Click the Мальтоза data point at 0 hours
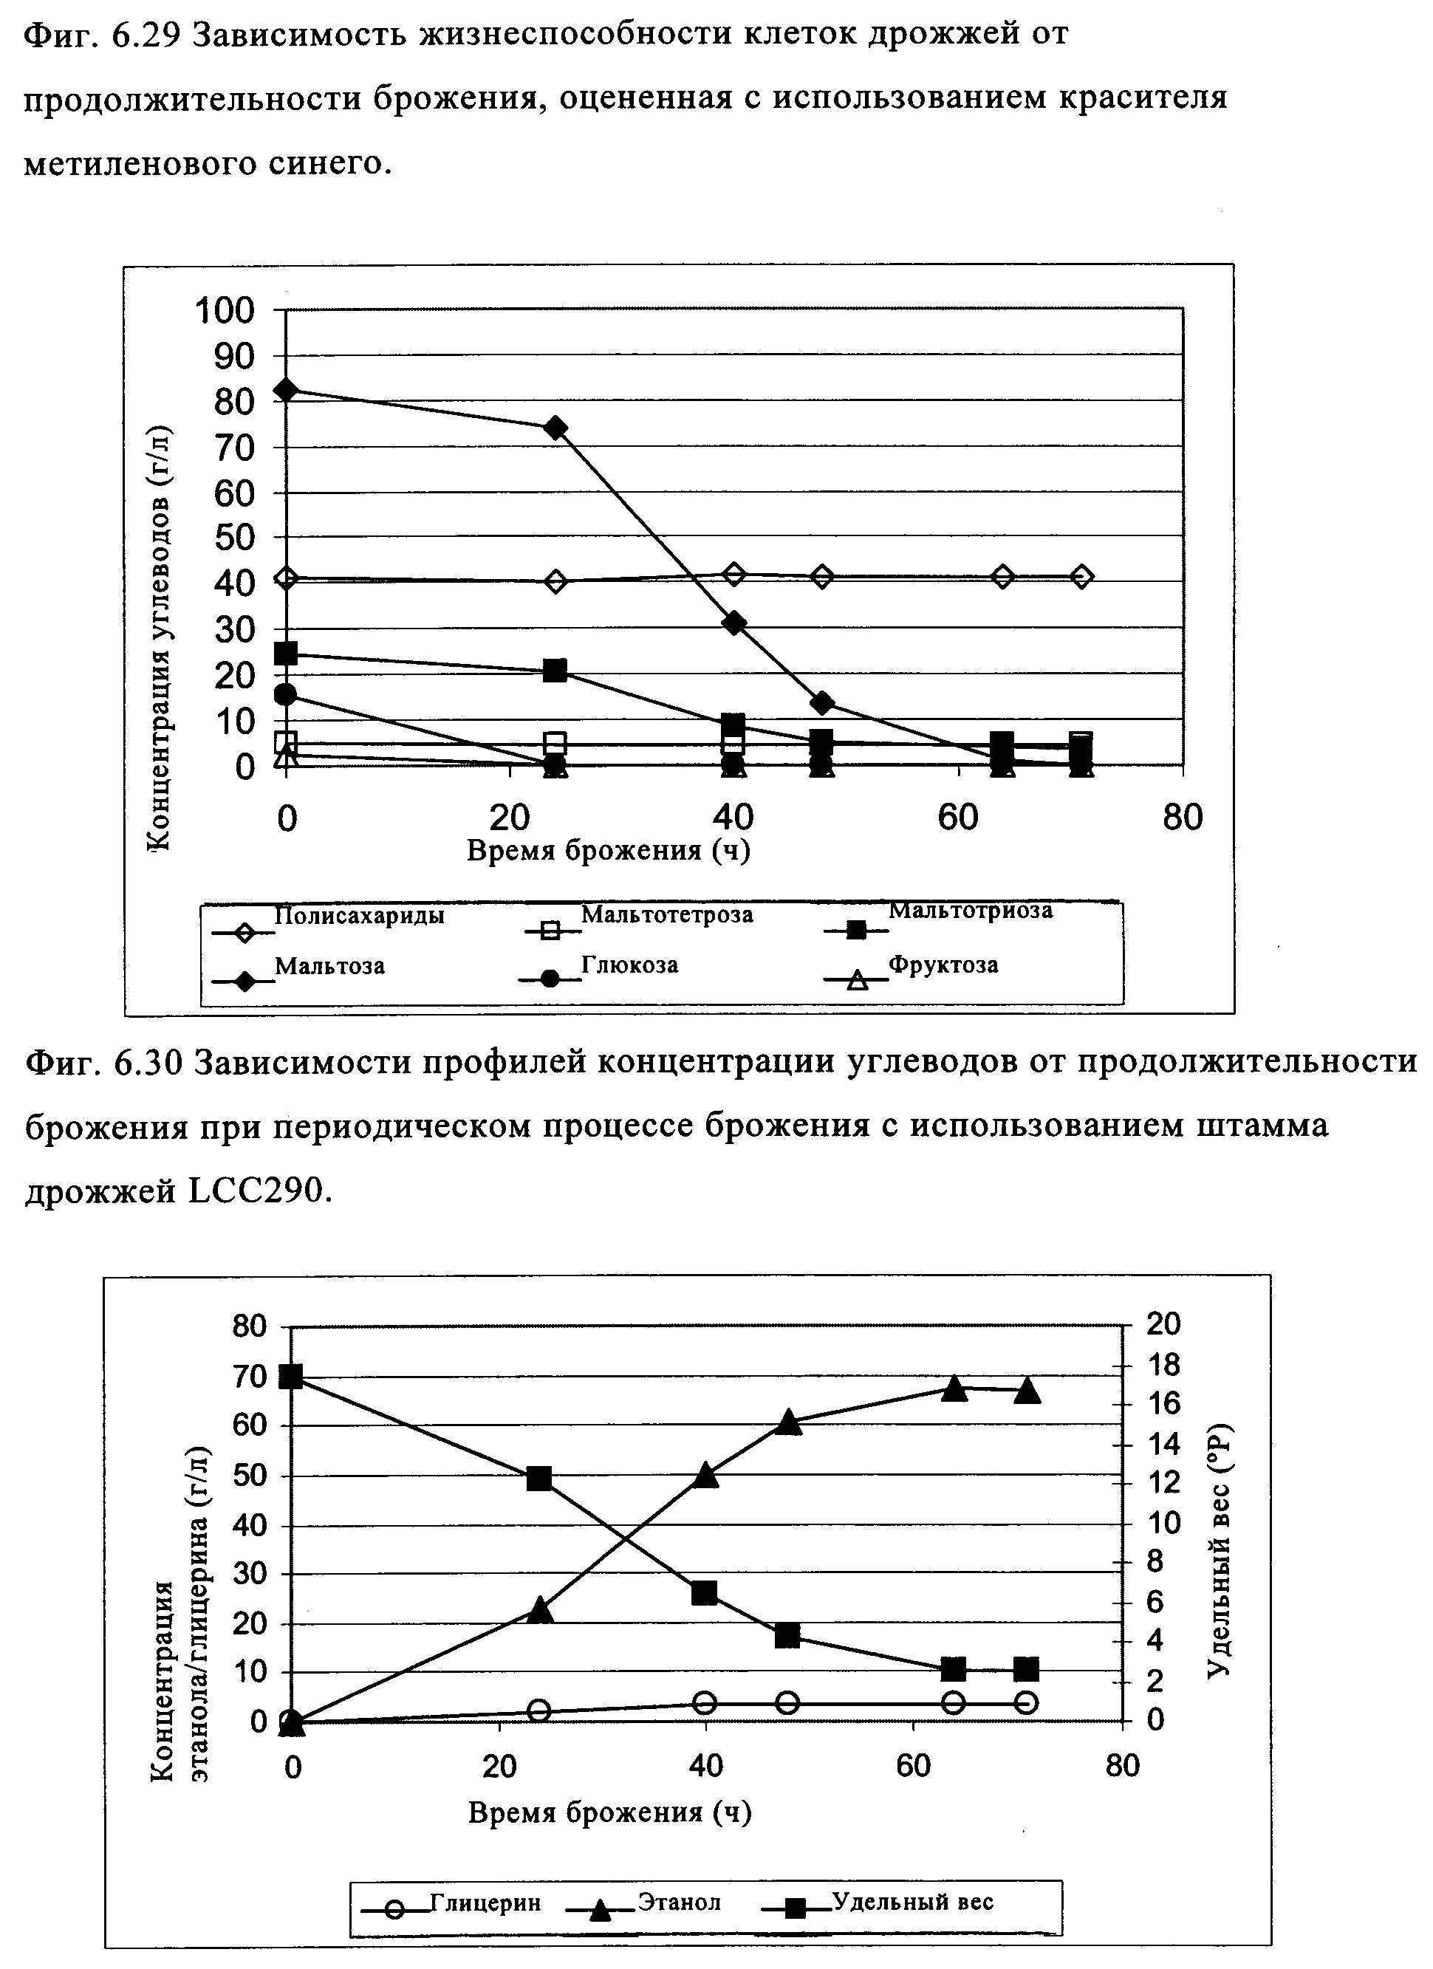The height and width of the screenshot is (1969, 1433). (286, 389)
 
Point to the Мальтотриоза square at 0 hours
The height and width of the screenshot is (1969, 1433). (286, 654)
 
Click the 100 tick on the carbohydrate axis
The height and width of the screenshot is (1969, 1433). (224, 310)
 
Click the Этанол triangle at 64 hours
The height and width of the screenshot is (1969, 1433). (954, 1388)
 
